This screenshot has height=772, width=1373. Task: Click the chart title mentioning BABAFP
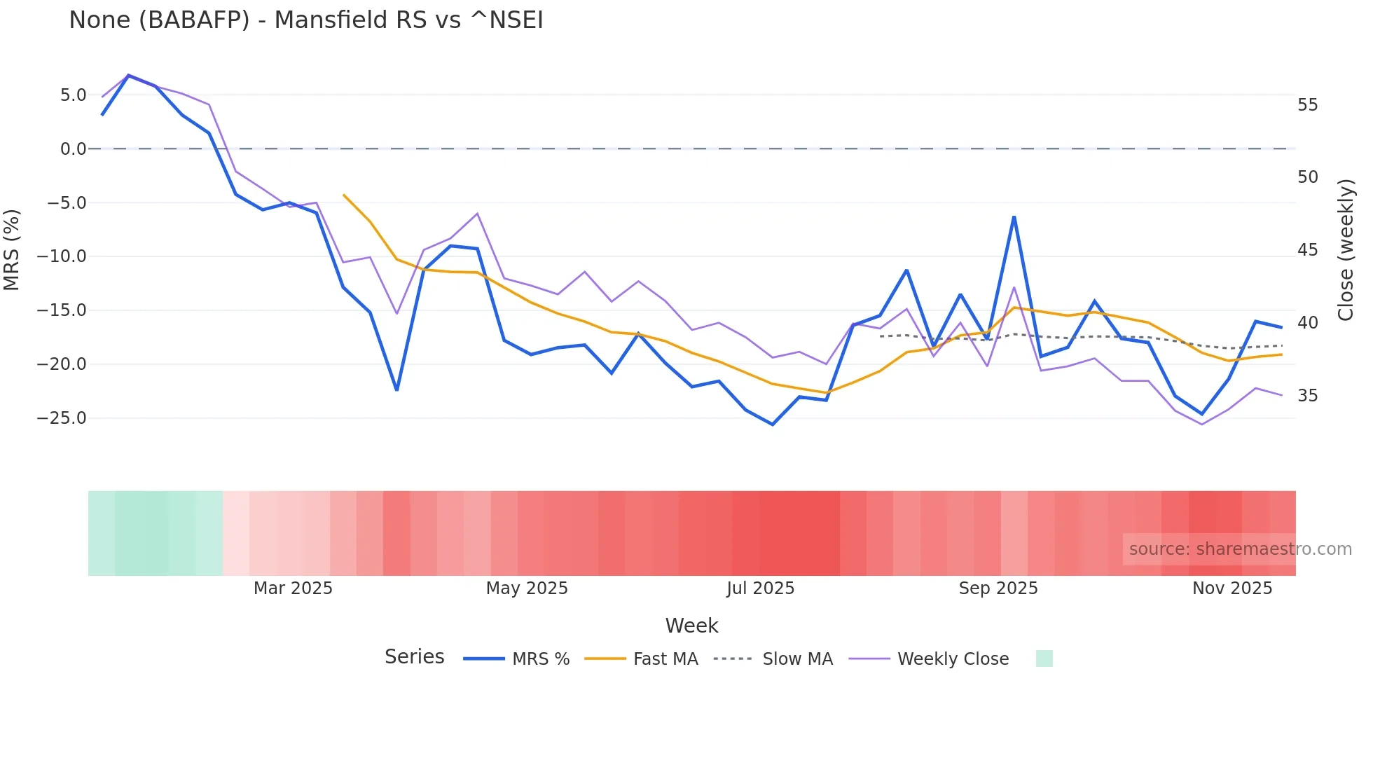click(306, 20)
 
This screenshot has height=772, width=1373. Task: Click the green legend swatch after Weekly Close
click(1044, 659)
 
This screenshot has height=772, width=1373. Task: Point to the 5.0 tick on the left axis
click(73, 95)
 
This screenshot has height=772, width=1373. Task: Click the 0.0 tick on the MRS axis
click(73, 149)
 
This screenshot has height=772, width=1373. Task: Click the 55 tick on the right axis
click(1307, 105)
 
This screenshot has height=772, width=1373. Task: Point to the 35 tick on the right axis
click(1307, 396)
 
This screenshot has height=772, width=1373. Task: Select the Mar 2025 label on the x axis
click(293, 588)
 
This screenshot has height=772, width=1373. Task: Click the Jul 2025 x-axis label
click(760, 588)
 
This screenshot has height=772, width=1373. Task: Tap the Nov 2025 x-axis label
click(1232, 588)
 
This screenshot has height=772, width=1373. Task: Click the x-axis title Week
click(691, 626)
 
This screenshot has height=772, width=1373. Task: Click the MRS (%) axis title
click(11, 249)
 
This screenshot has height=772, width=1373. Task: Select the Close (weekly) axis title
click(1346, 249)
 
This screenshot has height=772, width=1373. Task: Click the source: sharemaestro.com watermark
click(1240, 549)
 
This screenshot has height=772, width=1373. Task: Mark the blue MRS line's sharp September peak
click(1014, 217)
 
